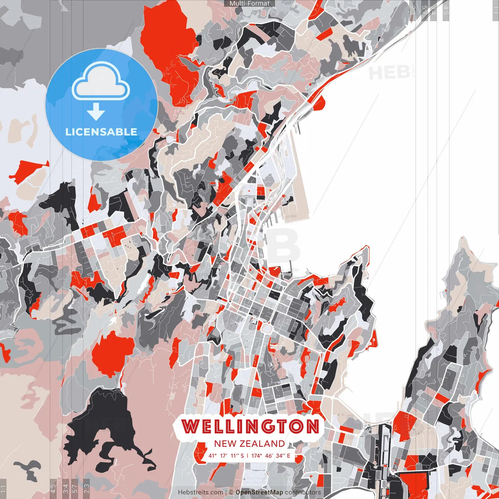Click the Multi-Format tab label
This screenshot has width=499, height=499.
[x=249, y=4]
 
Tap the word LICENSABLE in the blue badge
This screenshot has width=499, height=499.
[x=101, y=132]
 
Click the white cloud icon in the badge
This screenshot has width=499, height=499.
[x=101, y=83]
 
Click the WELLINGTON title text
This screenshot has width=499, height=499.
[x=250, y=426]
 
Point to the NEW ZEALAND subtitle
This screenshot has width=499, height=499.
[x=249, y=444]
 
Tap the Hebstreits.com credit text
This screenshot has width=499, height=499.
[x=201, y=492]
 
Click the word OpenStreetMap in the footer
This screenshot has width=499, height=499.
[x=259, y=492]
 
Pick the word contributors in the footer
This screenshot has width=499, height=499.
[x=303, y=492]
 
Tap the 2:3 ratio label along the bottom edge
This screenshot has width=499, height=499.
[x=87, y=488]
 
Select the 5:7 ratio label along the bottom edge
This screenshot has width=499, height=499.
[x=75, y=488]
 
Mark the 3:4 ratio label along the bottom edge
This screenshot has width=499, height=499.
[x=65, y=488]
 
